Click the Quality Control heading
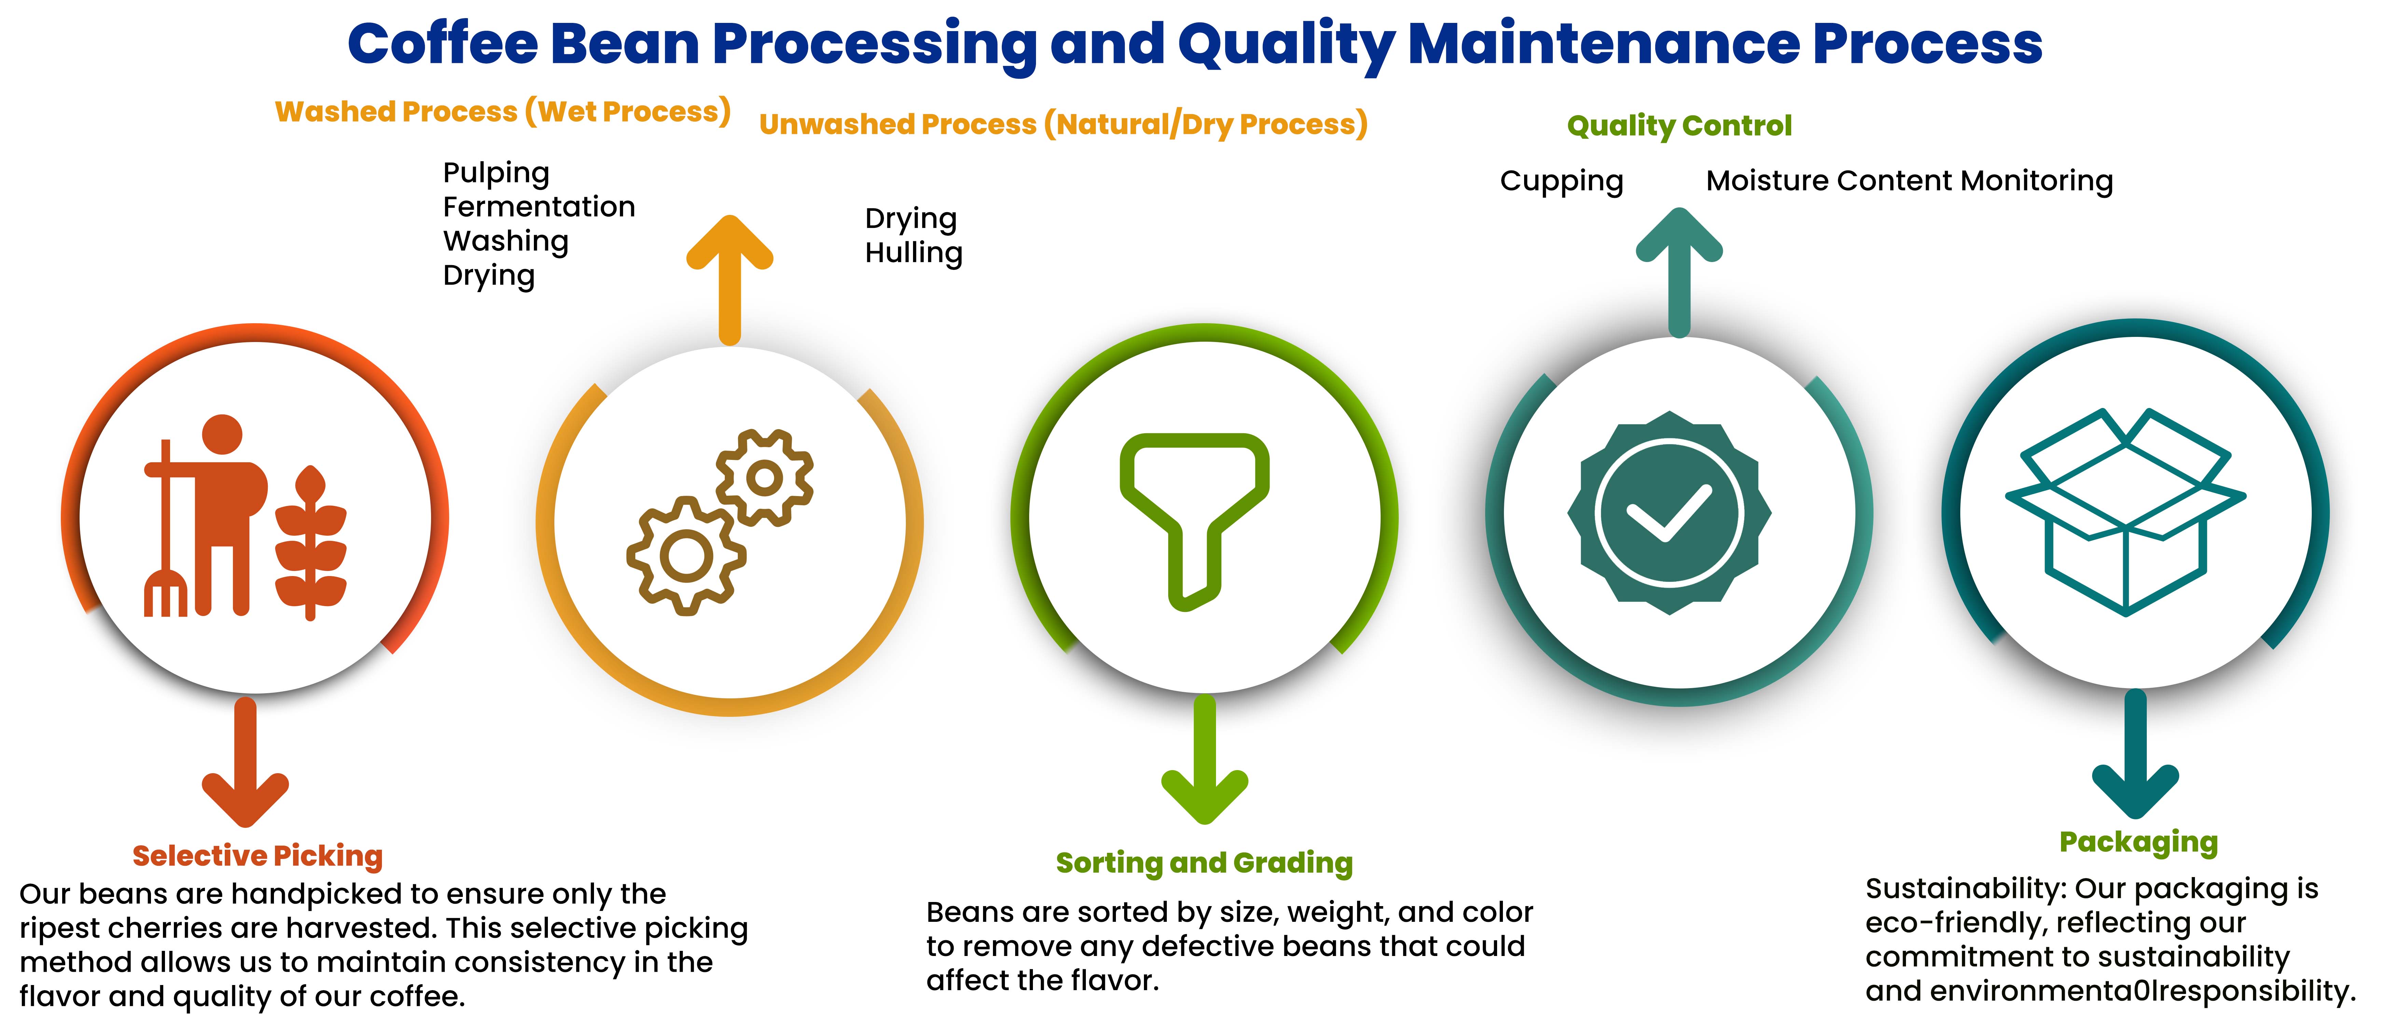coord(1679,125)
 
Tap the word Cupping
coord(1561,181)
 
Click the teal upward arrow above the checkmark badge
coord(1679,272)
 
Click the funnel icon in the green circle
coord(1194,521)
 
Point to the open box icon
coord(2126,511)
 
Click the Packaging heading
coord(2139,842)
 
